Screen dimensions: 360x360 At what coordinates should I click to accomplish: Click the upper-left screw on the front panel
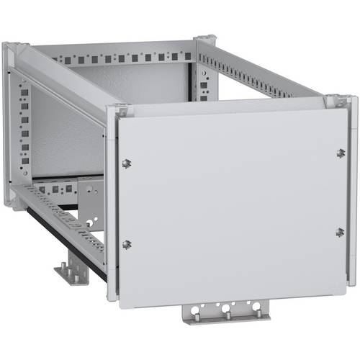[x=127, y=163]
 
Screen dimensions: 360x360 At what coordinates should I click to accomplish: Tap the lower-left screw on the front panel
[x=127, y=244]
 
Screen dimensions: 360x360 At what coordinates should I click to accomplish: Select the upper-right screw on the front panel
[x=341, y=153]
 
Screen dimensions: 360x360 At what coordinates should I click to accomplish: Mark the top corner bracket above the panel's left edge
[x=121, y=110]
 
